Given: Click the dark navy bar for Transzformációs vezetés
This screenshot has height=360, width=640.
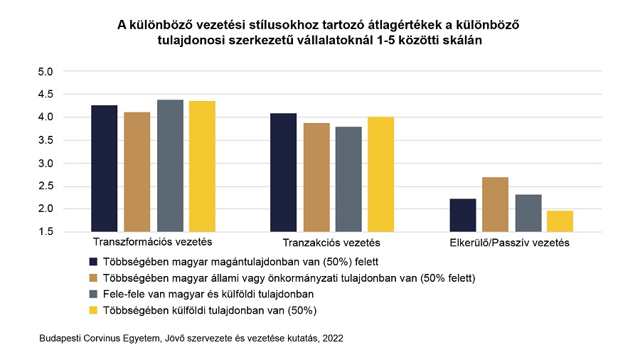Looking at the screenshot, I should tap(104, 169).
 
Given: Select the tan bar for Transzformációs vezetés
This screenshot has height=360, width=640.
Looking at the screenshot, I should tap(137, 172).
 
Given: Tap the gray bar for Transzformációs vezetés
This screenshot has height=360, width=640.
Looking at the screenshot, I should tap(170, 166).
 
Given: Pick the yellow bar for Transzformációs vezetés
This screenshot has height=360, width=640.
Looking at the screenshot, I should tap(202, 166).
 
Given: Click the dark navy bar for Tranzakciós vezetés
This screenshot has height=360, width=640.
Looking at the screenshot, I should tap(283, 172).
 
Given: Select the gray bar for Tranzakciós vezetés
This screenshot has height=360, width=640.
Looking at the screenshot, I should tap(348, 179).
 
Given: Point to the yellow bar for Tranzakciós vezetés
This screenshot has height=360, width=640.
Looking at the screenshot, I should tap(380, 174).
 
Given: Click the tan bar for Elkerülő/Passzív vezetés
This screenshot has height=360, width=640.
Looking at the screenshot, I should tap(495, 204).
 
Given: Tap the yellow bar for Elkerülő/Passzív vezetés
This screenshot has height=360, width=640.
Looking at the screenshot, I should tap(560, 221).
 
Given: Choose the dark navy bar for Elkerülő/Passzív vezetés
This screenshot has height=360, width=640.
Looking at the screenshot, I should tap(463, 215).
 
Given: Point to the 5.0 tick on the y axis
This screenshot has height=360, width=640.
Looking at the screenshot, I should tap(46, 72).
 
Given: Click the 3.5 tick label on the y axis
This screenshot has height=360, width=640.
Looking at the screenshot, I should tap(46, 140).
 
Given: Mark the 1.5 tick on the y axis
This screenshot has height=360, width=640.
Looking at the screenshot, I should tap(46, 232).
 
